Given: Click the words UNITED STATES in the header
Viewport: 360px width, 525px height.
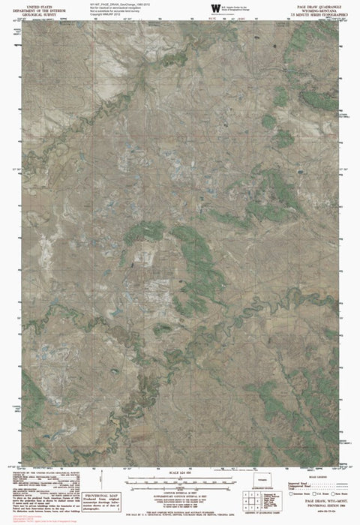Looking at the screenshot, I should pyautogui.click(x=36, y=4).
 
